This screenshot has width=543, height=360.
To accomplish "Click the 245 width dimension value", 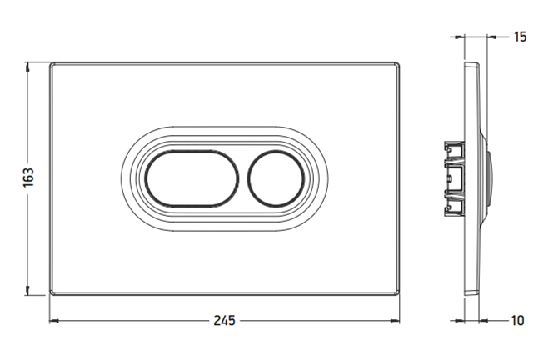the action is tap(224, 321).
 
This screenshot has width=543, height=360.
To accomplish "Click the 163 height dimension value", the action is tap(28, 177).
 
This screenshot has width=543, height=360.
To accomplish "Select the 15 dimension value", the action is tap(520, 37).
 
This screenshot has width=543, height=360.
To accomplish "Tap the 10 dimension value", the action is tap(517, 321).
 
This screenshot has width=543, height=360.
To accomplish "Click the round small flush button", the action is tap(276, 178).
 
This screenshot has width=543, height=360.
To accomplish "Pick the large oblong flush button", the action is tap(192, 178).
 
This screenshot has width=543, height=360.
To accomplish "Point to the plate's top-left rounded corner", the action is tap(52, 65).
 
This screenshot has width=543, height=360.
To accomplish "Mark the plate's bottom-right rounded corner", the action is tap(397, 292).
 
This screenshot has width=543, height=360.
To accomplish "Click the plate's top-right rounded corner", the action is tap(397, 65).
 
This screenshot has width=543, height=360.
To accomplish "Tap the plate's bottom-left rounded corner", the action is tap(52, 292).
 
